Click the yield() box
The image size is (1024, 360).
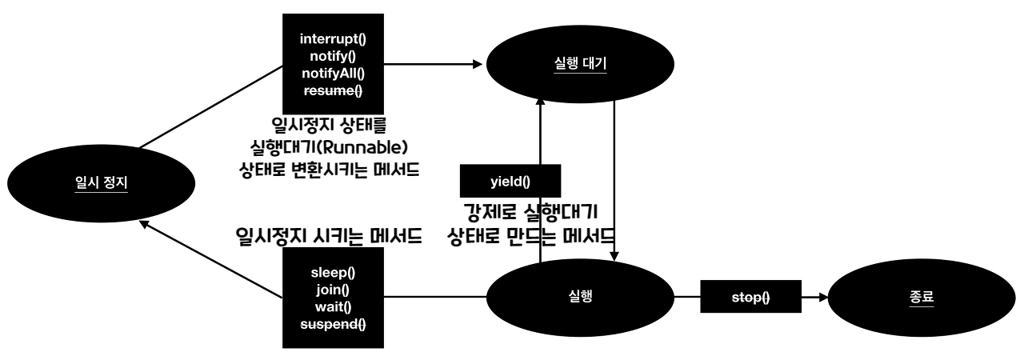(510, 182)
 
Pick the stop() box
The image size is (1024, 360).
(751, 298)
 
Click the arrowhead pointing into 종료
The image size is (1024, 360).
(822, 298)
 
